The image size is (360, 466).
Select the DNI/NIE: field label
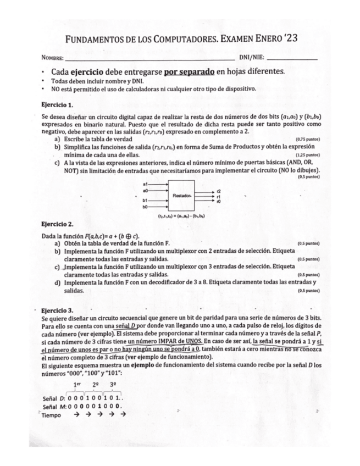coord(251,58)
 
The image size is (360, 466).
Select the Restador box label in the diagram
coord(181,196)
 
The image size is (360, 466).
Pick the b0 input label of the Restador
coord(145,207)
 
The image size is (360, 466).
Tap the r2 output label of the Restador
coord(219,191)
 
